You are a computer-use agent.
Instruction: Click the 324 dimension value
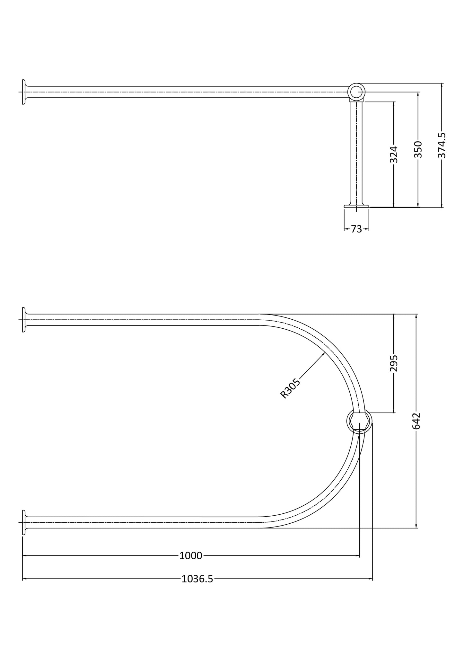pyautogui.click(x=394, y=155)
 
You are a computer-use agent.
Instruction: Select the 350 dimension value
pyautogui.click(x=418, y=149)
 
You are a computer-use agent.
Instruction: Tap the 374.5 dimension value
pyautogui.click(x=442, y=146)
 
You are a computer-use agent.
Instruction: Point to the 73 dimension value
pyautogui.click(x=356, y=229)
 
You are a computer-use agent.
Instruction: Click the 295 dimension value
pyautogui.click(x=394, y=363)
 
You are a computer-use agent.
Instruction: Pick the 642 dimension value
pyautogui.click(x=416, y=421)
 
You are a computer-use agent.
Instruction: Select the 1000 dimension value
pyautogui.click(x=191, y=555)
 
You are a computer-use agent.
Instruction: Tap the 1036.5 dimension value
pyautogui.click(x=197, y=579)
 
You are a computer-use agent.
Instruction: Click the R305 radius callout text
pyautogui.click(x=290, y=388)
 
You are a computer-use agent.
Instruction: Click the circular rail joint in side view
pyautogui.click(x=356, y=92)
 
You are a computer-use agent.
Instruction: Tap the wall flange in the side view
pyautogui.click(x=24, y=92)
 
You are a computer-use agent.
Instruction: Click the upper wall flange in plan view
pyautogui.click(x=24, y=320)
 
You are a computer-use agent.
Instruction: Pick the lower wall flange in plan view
pyautogui.click(x=24, y=522)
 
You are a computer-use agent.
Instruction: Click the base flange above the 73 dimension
pyautogui.click(x=356, y=206)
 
